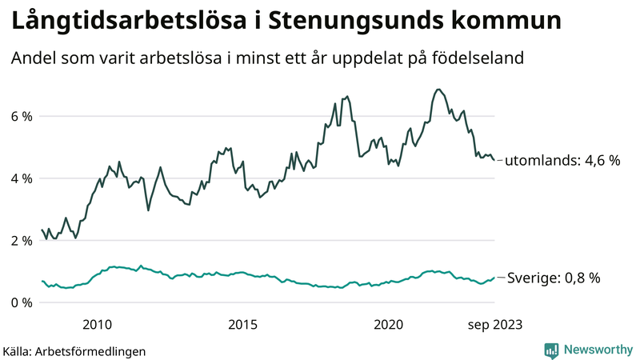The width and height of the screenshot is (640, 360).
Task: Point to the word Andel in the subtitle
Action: pyautogui.click(x=31, y=58)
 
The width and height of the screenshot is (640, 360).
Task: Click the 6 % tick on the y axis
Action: pyautogui.click(x=21, y=116)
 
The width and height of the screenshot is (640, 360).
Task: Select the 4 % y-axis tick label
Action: pyautogui.click(x=21, y=178)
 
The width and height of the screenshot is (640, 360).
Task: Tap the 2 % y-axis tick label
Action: pyautogui.click(x=21, y=240)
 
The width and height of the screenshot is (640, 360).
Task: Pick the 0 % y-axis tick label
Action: pyautogui.click(x=21, y=302)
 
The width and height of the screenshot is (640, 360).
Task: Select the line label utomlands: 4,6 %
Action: pyautogui.click(x=562, y=161)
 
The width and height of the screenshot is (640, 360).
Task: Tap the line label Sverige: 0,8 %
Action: pyautogui.click(x=554, y=278)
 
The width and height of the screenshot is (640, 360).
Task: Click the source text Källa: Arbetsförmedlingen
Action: pyautogui.click(x=74, y=350)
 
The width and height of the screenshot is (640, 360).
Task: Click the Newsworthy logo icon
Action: pyautogui.click(x=551, y=350)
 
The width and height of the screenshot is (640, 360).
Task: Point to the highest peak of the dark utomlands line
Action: pyautogui.click(x=438, y=89)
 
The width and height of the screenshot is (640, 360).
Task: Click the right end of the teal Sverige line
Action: pyautogui.click(x=494, y=277)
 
